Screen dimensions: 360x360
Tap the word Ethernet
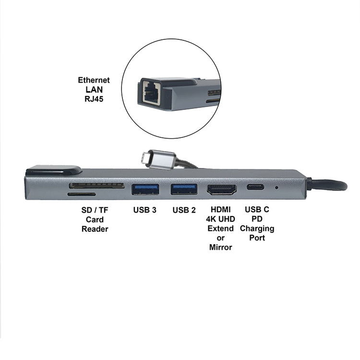[94, 80]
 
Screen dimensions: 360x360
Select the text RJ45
[94, 99]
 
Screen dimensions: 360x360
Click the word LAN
[94, 90]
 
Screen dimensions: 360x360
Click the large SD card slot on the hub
[96, 185]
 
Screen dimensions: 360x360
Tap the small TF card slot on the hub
[82, 194]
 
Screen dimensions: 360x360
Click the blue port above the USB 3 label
[145, 190]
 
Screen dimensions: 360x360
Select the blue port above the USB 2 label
[184, 189]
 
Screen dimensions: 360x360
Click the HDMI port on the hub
[222, 190]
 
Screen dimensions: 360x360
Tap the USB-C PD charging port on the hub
[255, 187]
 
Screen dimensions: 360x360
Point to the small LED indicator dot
[276, 188]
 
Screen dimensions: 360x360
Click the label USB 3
[144, 210]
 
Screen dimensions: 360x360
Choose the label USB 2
[184, 210]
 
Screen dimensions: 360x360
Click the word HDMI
[221, 210]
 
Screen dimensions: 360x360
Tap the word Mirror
[221, 247]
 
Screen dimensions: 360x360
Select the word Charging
[257, 228]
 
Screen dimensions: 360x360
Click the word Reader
[95, 229]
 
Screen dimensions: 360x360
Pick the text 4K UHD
[220, 219]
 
